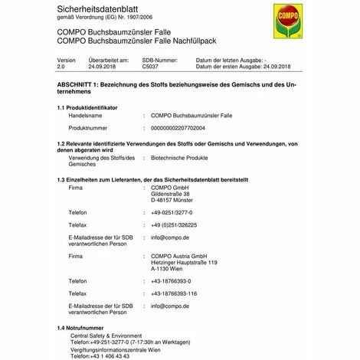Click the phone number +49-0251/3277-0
click(x=172, y=212)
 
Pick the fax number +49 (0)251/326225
click(x=174, y=225)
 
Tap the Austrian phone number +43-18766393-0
click(x=172, y=281)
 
